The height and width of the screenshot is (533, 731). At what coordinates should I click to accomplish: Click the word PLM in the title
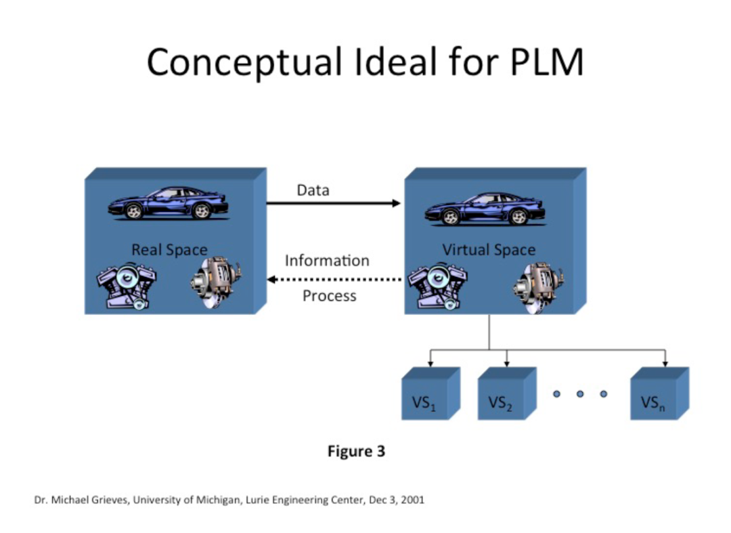pyautogui.click(x=547, y=62)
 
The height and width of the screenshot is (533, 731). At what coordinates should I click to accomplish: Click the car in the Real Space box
pyautogui.click(x=169, y=203)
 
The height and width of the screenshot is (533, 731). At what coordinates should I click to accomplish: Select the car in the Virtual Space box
pyautogui.click(x=485, y=209)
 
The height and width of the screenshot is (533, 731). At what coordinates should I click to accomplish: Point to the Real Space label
pyautogui.click(x=169, y=249)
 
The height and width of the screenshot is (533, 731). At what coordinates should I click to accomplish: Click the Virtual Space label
pyautogui.click(x=489, y=249)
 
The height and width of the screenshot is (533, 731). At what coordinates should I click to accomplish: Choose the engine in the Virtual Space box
pyautogui.click(x=438, y=286)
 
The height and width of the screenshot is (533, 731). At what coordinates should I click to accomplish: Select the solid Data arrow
pyautogui.click(x=333, y=203)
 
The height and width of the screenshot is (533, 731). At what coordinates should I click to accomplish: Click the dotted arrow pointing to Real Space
pyautogui.click(x=334, y=279)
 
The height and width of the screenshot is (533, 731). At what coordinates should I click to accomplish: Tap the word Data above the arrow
pyautogui.click(x=313, y=190)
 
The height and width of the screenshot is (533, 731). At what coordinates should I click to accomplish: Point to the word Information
pyautogui.click(x=327, y=260)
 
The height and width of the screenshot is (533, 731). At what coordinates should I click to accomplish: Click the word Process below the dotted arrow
pyautogui.click(x=329, y=296)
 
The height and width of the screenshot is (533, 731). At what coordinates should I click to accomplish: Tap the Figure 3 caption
pyautogui.click(x=357, y=451)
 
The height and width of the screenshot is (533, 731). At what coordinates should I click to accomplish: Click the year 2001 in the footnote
pyautogui.click(x=413, y=500)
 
